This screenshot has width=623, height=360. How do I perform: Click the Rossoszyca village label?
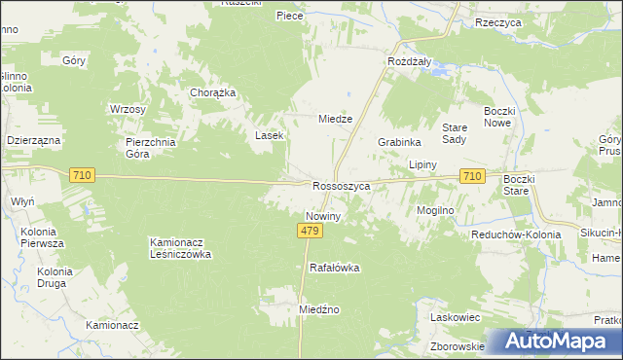point(342,185)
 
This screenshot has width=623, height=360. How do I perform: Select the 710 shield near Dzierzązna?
point(82,175)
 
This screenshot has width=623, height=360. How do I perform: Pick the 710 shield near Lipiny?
point(472,175)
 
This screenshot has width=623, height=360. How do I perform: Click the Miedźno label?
point(318,308)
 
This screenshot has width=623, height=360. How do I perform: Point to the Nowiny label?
point(322,216)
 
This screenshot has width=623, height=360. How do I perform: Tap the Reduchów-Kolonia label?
point(516,234)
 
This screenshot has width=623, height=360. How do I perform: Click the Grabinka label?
point(398,141)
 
